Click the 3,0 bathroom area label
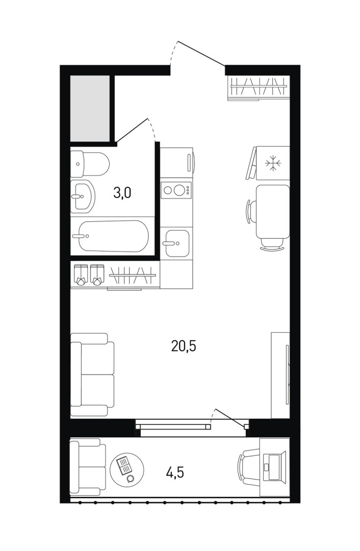[122, 193]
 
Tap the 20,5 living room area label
[184, 346]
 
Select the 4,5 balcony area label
[175, 472]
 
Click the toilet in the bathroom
[90, 164]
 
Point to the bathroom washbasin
[83, 196]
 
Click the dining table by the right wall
[273, 212]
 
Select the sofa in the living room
[92, 374]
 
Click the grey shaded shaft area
[90, 108]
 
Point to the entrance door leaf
[201, 54]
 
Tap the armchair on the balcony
[88, 467]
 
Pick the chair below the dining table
[272, 244]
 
